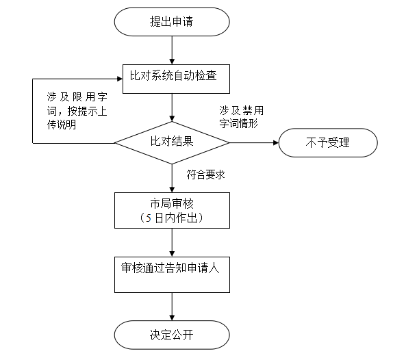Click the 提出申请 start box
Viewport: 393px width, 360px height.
[x=172, y=22]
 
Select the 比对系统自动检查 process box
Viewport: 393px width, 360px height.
[x=176, y=79]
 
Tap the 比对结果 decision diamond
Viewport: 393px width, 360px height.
[x=172, y=143]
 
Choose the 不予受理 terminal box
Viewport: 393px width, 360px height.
[x=328, y=143]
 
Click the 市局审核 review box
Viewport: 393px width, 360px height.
[x=172, y=210]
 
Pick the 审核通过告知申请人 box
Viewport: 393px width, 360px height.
[x=172, y=274]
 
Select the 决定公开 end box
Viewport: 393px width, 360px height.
[x=172, y=335]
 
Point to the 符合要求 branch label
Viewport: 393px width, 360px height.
[x=205, y=175]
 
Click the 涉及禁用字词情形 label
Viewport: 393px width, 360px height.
[x=242, y=117]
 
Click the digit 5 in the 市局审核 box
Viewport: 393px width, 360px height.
[x=149, y=218]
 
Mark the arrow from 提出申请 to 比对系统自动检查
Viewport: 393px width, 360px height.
[x=172, y=51]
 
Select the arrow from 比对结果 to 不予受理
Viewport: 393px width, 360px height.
[x=254, y=143]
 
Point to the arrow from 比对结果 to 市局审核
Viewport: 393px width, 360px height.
[x=172, y=179]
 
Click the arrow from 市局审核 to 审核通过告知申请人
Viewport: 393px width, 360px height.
[x=172, y=242]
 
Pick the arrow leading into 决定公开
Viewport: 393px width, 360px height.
[x=172, y=307]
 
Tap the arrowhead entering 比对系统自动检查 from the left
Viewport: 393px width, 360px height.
[x=120, y=79]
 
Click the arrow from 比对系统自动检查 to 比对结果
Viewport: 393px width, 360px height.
[x=172, y=107]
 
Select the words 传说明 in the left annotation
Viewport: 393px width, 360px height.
[x=62, y=125]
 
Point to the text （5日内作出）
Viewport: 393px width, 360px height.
[x=172, y=218]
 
